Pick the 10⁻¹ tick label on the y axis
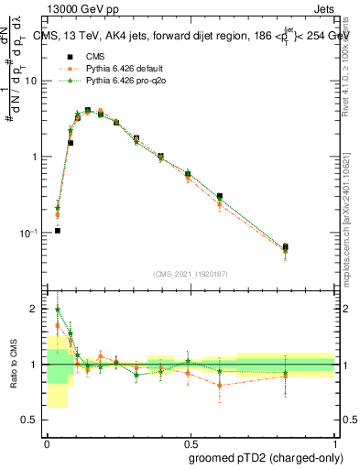click(28, 233)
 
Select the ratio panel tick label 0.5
click(30, 421)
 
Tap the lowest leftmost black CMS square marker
click(58, 231)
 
